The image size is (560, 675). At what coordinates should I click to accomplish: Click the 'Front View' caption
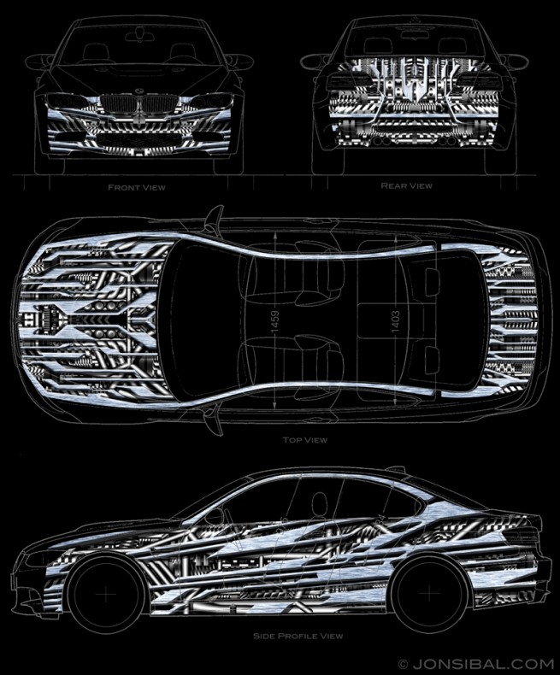[x=137, y=186]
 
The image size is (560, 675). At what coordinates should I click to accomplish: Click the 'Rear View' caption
[x=406, y=185]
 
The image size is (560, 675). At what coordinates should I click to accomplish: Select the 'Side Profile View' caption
[x=298, y=636]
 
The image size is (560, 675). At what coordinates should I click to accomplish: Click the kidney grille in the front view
[x=137, y=108]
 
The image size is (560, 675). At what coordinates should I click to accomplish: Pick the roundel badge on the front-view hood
[x=137, y=91]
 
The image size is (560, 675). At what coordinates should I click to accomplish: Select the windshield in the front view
[x=137, y=56]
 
